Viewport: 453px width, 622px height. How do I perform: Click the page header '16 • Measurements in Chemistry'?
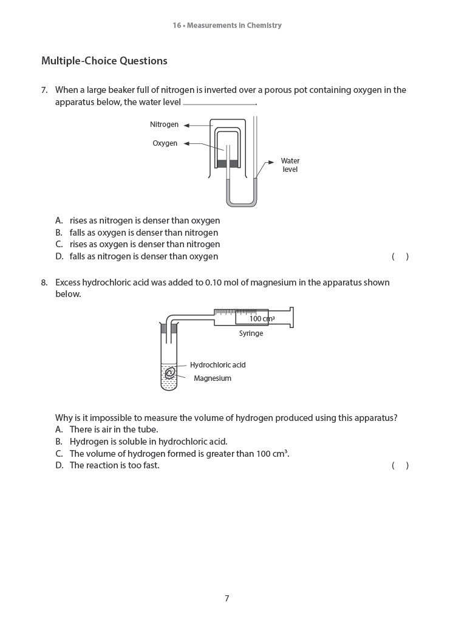tap(226, 26)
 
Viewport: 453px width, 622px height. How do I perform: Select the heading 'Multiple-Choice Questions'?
tap(104, 61)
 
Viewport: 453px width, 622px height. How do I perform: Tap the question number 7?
tap(44, 90)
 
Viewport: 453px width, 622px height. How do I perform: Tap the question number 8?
tap(44, 282)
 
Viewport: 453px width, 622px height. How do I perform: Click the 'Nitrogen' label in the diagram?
tap(164, 125)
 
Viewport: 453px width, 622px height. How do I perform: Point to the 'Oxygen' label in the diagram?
tap(165, 143)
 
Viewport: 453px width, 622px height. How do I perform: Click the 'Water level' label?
tap(290, 165)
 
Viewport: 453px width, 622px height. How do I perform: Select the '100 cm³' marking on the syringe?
tap(262, 318)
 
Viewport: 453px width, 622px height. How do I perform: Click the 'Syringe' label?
tap(251, 333)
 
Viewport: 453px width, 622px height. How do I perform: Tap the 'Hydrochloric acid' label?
tap(217, 365)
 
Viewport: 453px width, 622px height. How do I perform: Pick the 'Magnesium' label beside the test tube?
tap(212, 378)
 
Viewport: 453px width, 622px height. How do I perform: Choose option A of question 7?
tap(144, 220)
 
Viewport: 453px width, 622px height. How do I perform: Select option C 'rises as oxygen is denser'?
tap(144, 244)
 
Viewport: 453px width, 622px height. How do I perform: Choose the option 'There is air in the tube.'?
tap(114, 429)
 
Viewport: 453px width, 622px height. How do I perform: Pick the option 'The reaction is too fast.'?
tap(114, 465)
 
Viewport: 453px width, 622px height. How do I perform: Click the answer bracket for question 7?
tap(400, 256)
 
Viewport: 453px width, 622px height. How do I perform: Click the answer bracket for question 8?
tap(400, 465)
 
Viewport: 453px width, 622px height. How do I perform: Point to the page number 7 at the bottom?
tap(226, 598)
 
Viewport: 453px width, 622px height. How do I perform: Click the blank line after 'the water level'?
tap(219, 103)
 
